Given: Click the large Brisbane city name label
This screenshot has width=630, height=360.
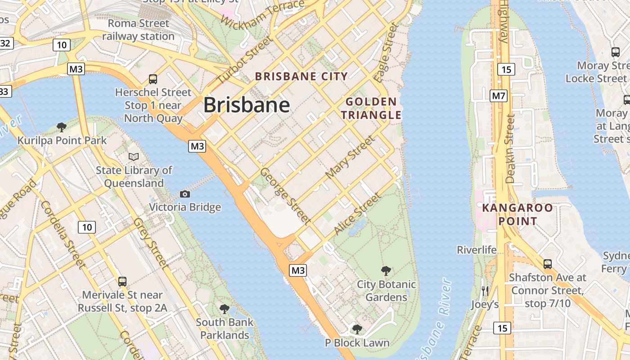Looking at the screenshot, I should click(247, 105).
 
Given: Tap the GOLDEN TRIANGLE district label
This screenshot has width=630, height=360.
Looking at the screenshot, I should click(371, 108).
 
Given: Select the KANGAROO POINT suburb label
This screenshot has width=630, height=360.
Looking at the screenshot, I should click(517, 215).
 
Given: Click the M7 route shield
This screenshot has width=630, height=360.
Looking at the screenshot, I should click(499, 95).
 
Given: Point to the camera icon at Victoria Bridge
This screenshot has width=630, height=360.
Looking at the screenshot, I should click(184, 194).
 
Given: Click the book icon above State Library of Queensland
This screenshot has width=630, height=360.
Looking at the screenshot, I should click(134, 157).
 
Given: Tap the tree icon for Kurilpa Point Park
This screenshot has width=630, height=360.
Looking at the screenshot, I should click(62, 127).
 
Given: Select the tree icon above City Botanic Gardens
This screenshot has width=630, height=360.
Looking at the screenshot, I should click(386, 270).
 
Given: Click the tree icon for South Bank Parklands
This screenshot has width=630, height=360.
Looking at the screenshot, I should click(225, 309).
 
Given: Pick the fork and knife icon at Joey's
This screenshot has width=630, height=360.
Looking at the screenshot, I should click(485, 291).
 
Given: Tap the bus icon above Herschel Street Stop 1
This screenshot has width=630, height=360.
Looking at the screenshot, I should click(153, 79).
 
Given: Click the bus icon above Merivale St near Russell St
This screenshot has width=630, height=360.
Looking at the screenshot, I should click(122, 282).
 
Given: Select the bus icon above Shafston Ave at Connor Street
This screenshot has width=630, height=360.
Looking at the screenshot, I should click(547, 264).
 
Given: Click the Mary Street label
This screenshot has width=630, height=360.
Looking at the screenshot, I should click(350, 157).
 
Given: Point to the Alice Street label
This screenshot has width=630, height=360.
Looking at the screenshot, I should click(358, 214).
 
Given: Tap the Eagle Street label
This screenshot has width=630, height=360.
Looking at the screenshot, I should click(387, 53).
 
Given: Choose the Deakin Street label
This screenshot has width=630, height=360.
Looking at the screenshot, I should click(510, 148).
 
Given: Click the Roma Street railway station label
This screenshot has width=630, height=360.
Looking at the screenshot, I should click(138, 30).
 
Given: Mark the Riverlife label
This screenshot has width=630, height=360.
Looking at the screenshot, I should click(477, 250).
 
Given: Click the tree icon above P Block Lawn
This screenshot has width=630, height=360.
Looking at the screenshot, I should click(357, 329).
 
